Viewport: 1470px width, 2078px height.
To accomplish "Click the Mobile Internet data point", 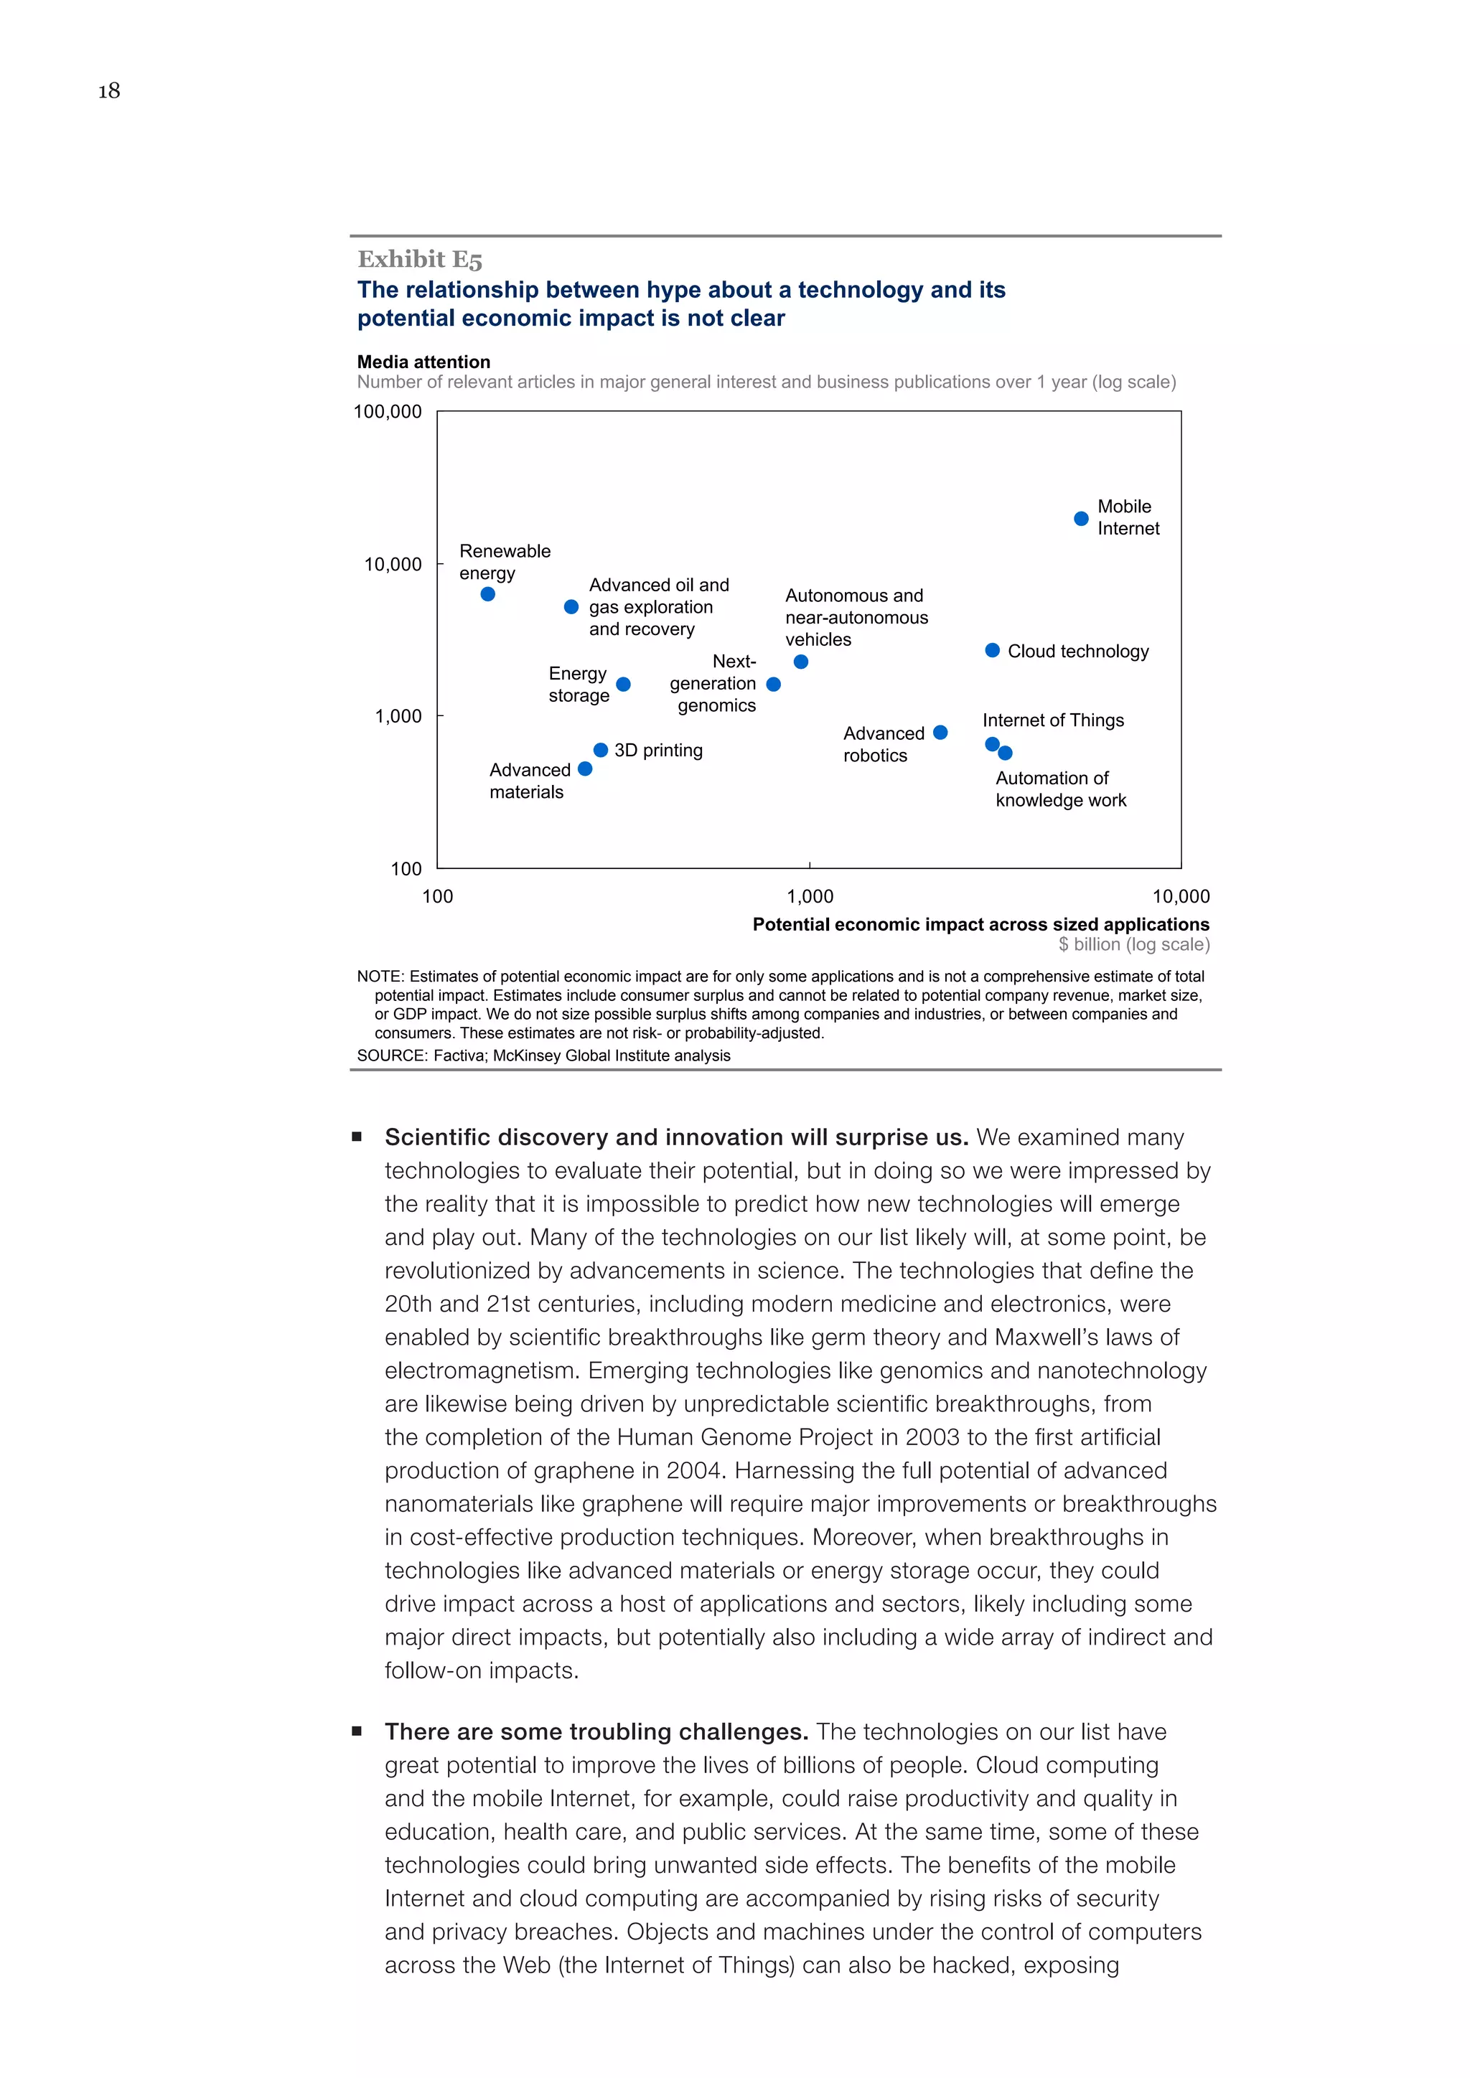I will (x=1081, y=519).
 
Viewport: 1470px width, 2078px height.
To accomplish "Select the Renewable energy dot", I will (x=488, y=595).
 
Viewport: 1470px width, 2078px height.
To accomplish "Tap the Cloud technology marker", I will (x=992, y=651).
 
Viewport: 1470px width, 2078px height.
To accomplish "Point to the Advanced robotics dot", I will (x=940, y=732).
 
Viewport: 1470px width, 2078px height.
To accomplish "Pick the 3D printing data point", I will (x=600, y=751).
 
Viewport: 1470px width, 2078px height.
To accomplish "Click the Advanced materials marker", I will (x=585, y=769).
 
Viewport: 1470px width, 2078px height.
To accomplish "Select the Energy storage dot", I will (x=623, y=685).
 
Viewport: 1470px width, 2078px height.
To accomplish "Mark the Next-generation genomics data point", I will (x=773, y=685).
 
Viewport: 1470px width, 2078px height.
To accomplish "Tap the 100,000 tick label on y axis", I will (x=388, y=412).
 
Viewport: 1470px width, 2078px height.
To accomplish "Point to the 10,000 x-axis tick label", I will (x=1180, y=897).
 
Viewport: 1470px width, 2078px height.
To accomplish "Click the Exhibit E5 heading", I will (x=420, y=260).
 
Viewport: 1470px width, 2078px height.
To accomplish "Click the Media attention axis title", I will (x=423, y=362).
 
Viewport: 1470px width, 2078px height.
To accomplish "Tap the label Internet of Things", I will (x=1053, y=720).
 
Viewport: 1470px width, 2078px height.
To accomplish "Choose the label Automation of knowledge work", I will (x=1060, y=789).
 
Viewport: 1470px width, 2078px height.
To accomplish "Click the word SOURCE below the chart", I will (x=391, y=1056).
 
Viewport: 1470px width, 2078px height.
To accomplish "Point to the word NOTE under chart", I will (x=380, y=977).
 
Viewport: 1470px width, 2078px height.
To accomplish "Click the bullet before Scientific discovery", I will (x=357, y=1137).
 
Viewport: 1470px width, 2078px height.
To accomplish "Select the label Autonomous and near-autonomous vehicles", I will (x=856, y=617).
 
